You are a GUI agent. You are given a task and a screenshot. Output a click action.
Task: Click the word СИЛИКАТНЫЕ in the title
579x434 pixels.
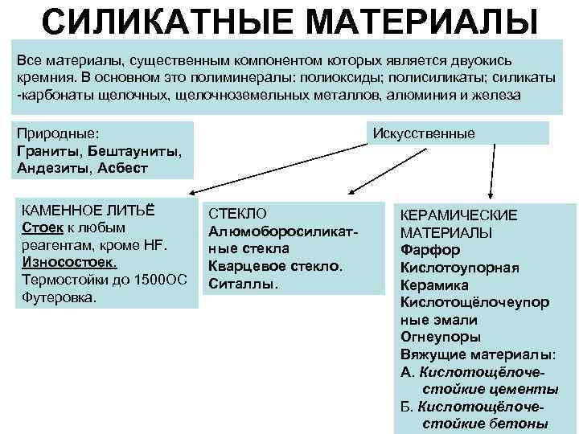pos(168,22)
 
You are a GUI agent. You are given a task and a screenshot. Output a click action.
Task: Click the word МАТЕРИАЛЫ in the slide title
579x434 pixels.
pos(423,22)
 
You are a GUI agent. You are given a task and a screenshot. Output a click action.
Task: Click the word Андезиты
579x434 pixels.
pos(52,169)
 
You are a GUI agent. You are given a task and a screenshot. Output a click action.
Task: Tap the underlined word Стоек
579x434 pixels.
pos(39,227)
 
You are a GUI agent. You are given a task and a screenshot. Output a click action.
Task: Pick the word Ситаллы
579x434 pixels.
pos(244,284)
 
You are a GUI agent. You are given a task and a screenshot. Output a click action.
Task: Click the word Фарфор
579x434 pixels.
pos(429,250)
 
